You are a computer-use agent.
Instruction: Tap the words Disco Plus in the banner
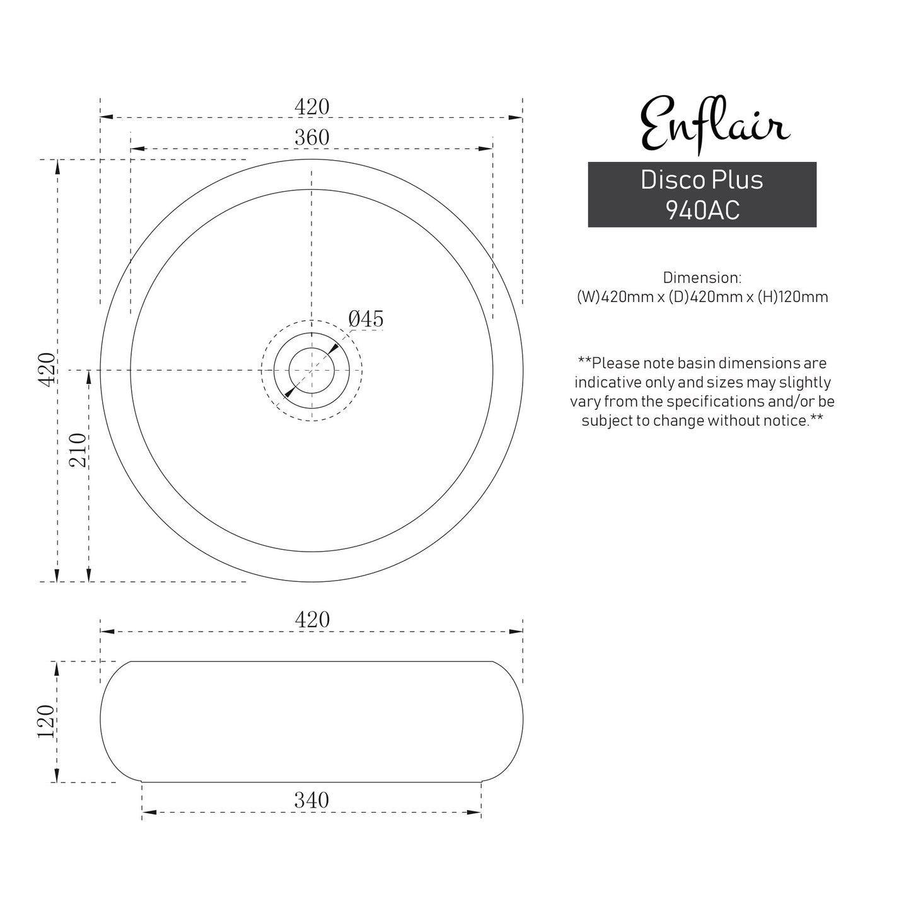pyautogui.click(x=702, y=180)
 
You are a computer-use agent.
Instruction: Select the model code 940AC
pyautogui.click(x=702, y=211)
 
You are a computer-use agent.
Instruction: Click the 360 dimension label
pyautogui.click(x=312, y=137)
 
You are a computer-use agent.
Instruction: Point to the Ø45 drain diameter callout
pyautogui.click(x=366, y=319)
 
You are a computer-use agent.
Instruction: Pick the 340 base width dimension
pyautogui.click(x=311, y=800)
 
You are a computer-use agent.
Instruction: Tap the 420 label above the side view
pyautogui.click(x=312, y=619)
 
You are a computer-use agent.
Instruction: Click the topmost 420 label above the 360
pyautogui.click(x=312, y=107)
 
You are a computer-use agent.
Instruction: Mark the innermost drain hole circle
pyautogui.click(x=311, y=370)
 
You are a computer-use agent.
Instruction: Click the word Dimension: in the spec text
pyautogui.click(x=702, y=277)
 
